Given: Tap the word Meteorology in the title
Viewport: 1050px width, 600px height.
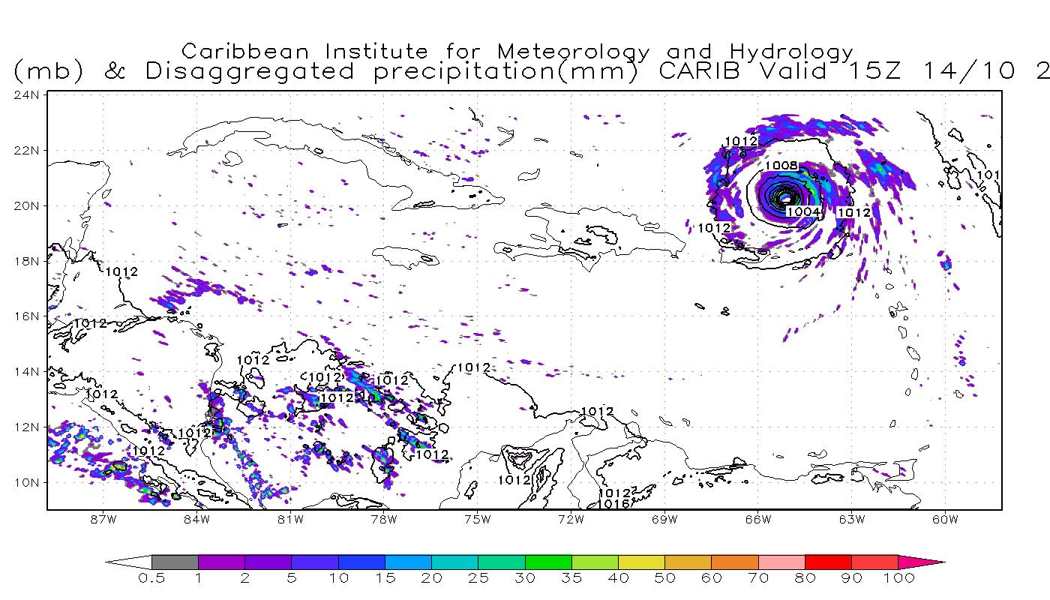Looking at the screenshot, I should (573, 52).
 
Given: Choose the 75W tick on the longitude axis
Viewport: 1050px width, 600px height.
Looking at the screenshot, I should (477, 519).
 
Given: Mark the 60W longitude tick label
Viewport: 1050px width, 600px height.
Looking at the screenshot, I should (946, 519).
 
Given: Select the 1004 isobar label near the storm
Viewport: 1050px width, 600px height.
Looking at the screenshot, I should (802, 212).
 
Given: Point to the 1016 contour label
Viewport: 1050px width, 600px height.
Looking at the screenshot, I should (613, 504).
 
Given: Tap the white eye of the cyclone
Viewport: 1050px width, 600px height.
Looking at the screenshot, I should (785, 198).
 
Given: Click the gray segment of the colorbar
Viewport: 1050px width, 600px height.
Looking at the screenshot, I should (175, 562).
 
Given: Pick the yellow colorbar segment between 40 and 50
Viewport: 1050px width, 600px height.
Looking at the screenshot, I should (641, 562).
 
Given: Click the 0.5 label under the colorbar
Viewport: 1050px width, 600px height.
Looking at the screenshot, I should (151, 578).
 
